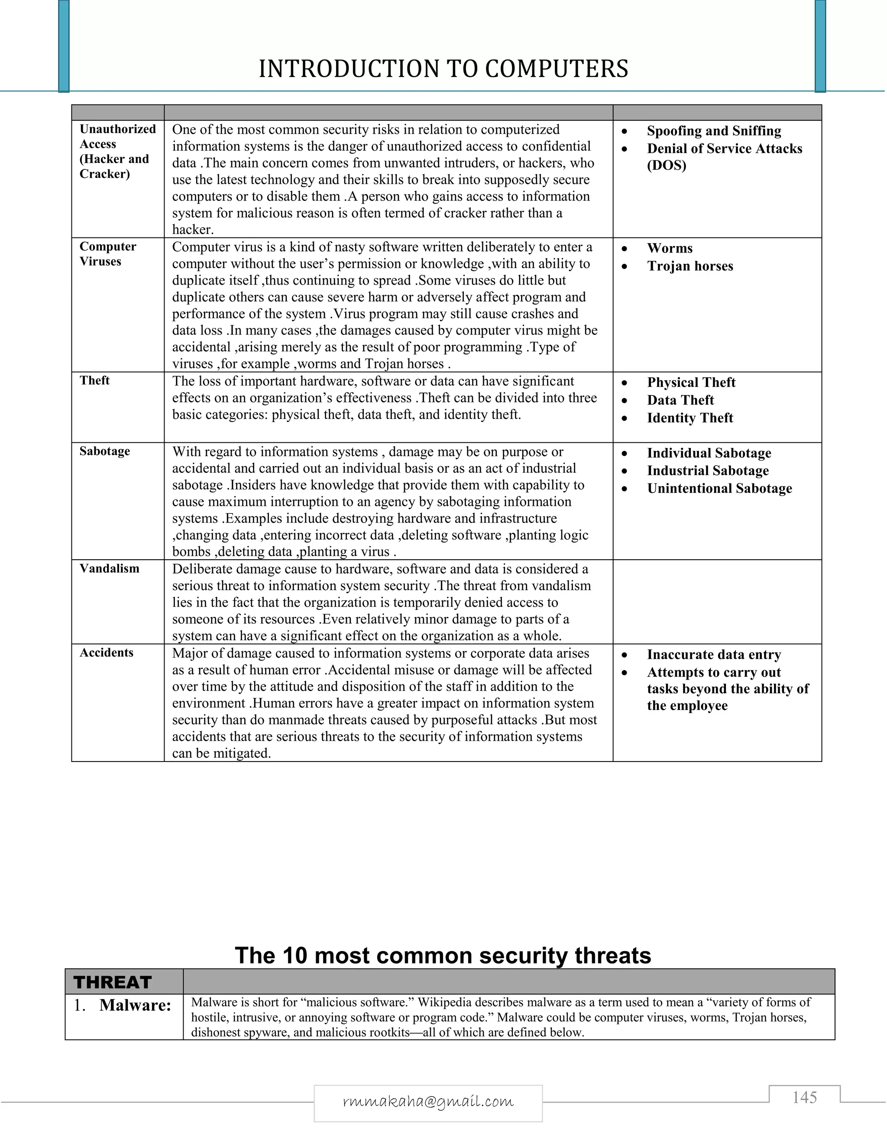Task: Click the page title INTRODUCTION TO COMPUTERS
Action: coord(443,69)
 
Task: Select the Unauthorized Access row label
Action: coord(117,151)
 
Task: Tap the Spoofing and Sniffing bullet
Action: coord(714,131)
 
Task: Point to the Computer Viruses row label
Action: coord(107,254)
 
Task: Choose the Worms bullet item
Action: coord(670,248)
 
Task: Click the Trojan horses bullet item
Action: coord(690,266)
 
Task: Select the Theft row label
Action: coord(94,380)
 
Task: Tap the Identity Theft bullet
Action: coord(690,418)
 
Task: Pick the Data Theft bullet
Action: coord(680,400)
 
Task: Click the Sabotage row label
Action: coord(104,451)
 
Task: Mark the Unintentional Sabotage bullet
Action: coord(719,488)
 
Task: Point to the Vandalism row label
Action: coord(109,569)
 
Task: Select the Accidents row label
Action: coord(106,653)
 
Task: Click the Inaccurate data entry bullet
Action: coord(714,655)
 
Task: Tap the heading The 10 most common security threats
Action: coord(443,956)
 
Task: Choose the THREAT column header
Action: coord(113,983)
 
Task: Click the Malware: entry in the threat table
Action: coord(135,1005)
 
